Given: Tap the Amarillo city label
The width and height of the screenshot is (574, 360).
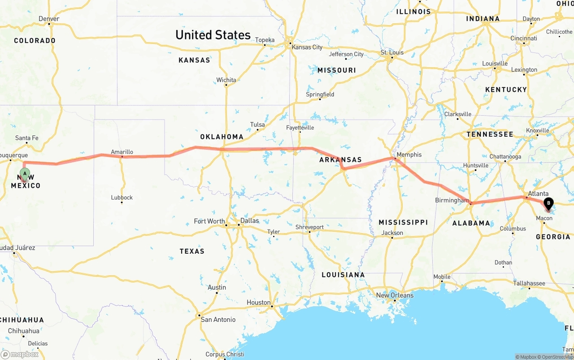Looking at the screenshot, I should coord(122,152).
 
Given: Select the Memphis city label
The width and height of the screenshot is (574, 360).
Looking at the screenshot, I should coord(409,155).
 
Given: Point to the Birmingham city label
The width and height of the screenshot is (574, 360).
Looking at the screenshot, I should coord(452,200).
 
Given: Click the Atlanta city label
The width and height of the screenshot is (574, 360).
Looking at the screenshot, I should coord(538,194).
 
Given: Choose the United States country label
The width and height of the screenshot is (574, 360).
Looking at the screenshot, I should coord(213,35).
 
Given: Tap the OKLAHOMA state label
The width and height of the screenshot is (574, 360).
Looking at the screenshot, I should coord(222,137).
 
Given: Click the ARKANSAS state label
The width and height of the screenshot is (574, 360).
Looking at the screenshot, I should coord(340,160).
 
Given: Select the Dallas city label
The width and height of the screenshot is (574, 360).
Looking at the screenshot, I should coord(249,221).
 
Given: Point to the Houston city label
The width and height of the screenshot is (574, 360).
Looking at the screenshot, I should coord(258,303).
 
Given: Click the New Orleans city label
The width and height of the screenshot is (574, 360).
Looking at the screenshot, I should coord(395,295).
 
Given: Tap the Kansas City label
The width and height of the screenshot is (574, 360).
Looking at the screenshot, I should coord(307,47).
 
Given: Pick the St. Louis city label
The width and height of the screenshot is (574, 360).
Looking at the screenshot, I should coord(392,52).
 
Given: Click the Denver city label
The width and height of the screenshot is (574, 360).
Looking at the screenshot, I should coord(49,19).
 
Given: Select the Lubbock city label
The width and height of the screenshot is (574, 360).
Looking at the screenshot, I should coord(122,197).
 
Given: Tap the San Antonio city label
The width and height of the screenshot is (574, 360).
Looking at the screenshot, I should coord(218,320).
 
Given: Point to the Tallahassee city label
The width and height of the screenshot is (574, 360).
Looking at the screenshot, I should coord(529,283).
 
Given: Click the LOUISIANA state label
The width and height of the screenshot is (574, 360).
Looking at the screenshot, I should coord(343,275).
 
